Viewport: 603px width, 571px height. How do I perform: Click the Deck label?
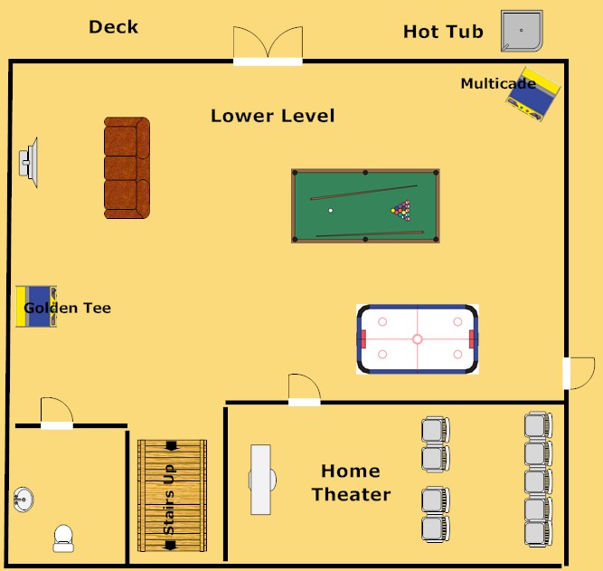[114, 26]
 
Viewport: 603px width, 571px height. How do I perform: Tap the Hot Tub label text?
[443, 33]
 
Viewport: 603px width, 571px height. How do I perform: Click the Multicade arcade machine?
[533, 93]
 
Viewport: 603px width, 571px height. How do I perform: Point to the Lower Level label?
[272, 116]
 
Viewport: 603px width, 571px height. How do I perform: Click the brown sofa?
[126, 167]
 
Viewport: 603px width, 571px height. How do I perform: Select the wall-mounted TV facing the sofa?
[28, 163]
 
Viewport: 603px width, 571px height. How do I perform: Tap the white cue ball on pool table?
[331, 211]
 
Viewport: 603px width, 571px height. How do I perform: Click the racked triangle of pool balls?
[400, 210]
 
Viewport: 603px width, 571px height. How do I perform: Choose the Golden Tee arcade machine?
[37, 307]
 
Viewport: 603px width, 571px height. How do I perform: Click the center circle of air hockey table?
[417, 339]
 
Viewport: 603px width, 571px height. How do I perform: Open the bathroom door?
[56, 412]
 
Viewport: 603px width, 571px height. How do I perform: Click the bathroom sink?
[24, 498]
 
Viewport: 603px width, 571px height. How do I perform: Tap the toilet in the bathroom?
[64, 538]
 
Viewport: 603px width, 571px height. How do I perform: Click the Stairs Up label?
[170, 499]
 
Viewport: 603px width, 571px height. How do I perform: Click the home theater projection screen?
[261, 480]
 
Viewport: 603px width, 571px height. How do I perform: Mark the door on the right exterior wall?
[576, 373]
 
